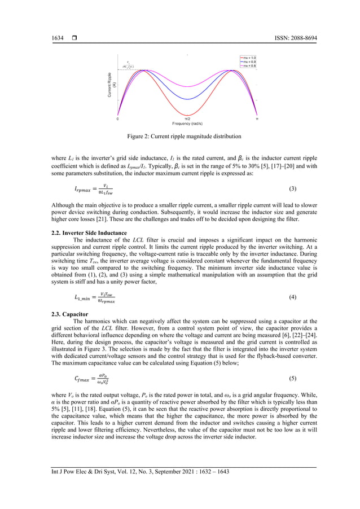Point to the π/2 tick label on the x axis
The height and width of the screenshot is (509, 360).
[187, 119]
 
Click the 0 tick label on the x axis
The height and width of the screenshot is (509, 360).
[117, 119]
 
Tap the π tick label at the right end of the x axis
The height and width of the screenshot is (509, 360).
[257, 119]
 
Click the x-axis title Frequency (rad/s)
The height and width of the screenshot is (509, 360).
[187, 124]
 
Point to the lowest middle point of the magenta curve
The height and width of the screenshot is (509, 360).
[187, 85]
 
